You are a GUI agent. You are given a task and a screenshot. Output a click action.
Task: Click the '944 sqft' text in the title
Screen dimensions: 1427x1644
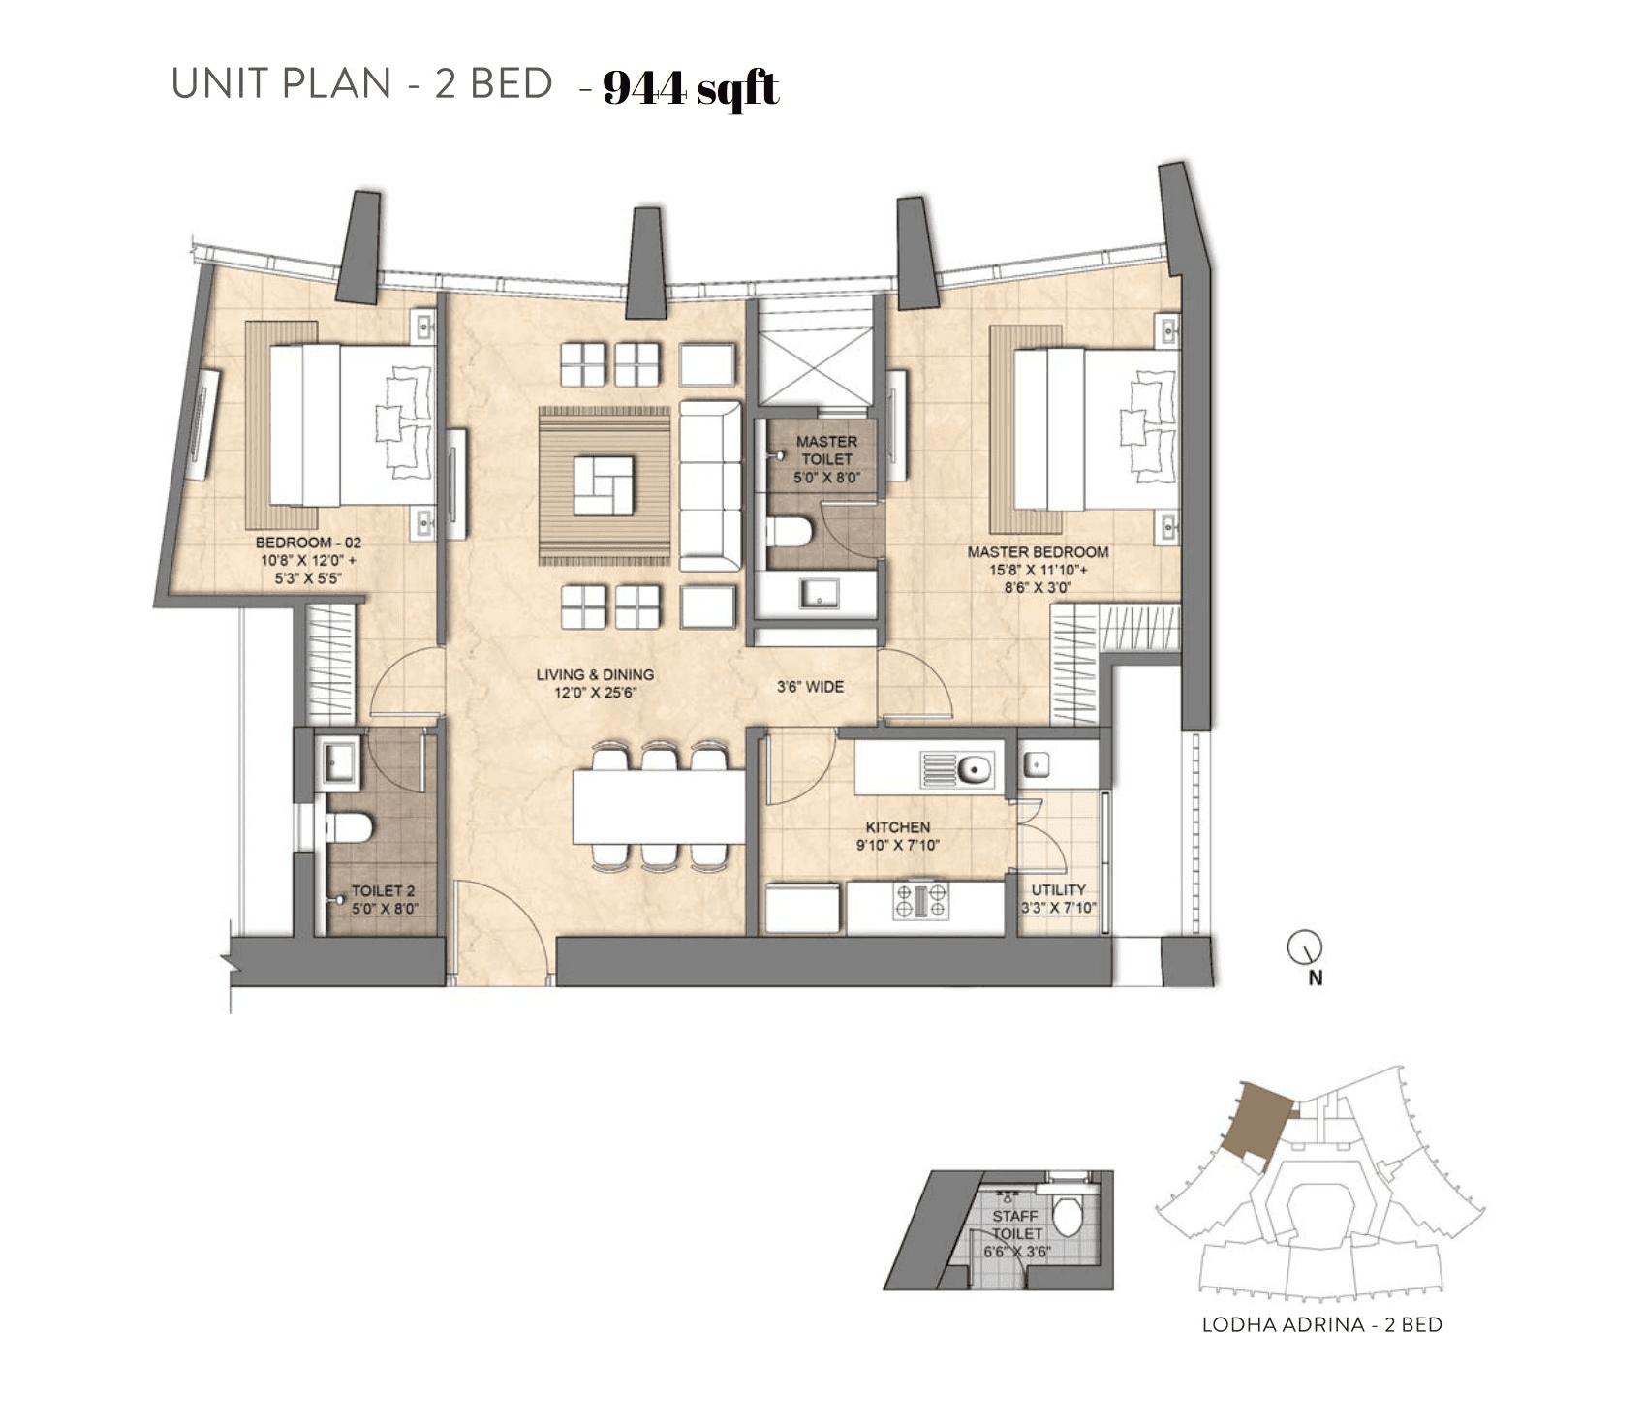(x=690, y=89)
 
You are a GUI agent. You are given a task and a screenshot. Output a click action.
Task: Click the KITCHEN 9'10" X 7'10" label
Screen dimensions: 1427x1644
(x=897, y=835)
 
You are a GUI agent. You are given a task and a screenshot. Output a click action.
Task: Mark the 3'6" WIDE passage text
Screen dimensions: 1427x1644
(x=810, y=687)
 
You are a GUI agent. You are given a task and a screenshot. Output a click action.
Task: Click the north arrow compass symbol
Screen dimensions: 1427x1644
(x=1304, y=947)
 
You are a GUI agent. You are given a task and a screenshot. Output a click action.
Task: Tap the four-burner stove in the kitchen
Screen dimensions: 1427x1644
(x=920, y=901)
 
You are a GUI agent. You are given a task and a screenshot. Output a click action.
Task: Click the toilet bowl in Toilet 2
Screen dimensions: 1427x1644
(x=350, y=827)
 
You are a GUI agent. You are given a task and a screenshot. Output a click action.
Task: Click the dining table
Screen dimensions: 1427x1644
(x=659, y=806)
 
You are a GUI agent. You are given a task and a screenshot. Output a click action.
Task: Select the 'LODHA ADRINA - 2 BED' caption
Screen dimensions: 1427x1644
(x=1321, y=1324)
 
